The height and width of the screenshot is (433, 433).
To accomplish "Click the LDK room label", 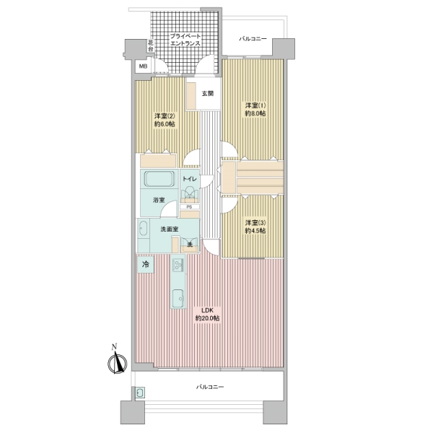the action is pyautogui.click(x=207, y=310).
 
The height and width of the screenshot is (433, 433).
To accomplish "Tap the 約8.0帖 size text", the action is pyautogui.click(x=255, y=113).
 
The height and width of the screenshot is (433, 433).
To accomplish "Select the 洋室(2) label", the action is pyautogui.click(x=165, y=115).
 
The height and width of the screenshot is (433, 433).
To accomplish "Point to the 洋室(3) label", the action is pyautogui.click(x=255, y=222).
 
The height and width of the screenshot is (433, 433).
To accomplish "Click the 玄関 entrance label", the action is pyautogui.click(x=207, y=94).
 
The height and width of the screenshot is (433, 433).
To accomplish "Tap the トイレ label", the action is pyautogui.click(x=189, y=179).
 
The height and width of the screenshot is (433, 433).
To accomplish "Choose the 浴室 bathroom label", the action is pyautogui.click(x=159, y=200).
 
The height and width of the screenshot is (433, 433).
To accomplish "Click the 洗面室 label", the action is pyautogui.click(x=170, y=229).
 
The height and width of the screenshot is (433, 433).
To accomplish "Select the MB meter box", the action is pyautogui.click(x=143, y=66).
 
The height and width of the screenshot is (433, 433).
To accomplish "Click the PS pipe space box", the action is pyautogui.click(x=189, y=206).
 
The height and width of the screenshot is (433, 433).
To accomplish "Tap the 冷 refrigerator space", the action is pyautogui.click(x=145, y=264).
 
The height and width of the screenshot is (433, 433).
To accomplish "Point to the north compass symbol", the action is pyautogui.click(x=118, y=362).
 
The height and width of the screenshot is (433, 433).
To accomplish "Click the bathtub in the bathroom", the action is pyautogui.click(x=159, y=179).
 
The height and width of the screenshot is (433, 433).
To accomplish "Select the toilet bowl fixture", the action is pyautogui.click(x=189, y=192).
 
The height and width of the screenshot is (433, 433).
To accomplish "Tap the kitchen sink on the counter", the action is pyautogui.click(x=178, y=298).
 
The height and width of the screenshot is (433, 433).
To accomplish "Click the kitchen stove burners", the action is pyautogui.click(x=178, y=265).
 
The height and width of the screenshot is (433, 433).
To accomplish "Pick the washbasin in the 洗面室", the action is pyautogui.click(x=143, y=229).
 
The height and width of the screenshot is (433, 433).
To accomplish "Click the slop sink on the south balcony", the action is pyautogui.click(x=140, y=393).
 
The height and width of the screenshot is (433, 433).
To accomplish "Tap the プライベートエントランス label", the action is pyautogui.click(x=185, y=40).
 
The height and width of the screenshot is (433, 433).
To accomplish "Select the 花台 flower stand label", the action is pyautogui.click(x=151, y=46).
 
